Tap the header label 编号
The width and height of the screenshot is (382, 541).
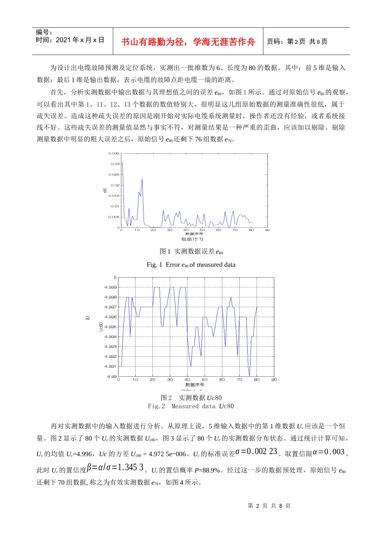(44, 33)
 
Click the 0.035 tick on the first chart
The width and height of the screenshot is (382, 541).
(114, 153)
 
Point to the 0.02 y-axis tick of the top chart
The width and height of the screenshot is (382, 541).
(115, 185)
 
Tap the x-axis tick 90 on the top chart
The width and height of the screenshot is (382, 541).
(267, 230)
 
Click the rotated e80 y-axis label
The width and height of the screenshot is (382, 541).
(105, 190)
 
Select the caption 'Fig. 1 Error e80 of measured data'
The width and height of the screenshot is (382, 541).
(191, 264)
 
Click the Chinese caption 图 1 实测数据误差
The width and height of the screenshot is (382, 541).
(191, 252)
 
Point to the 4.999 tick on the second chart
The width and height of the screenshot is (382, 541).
(111, 287)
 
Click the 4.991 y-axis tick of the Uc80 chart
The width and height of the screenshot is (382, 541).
(111, 366)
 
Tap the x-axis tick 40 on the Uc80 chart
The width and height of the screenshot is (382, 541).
(187, 380)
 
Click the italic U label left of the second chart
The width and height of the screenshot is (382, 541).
(88, 318)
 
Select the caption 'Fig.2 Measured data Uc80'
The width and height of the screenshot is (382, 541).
(191, 406)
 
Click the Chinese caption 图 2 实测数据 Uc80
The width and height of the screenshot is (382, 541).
(191, 398)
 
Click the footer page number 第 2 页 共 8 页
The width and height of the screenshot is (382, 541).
(269, 506)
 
